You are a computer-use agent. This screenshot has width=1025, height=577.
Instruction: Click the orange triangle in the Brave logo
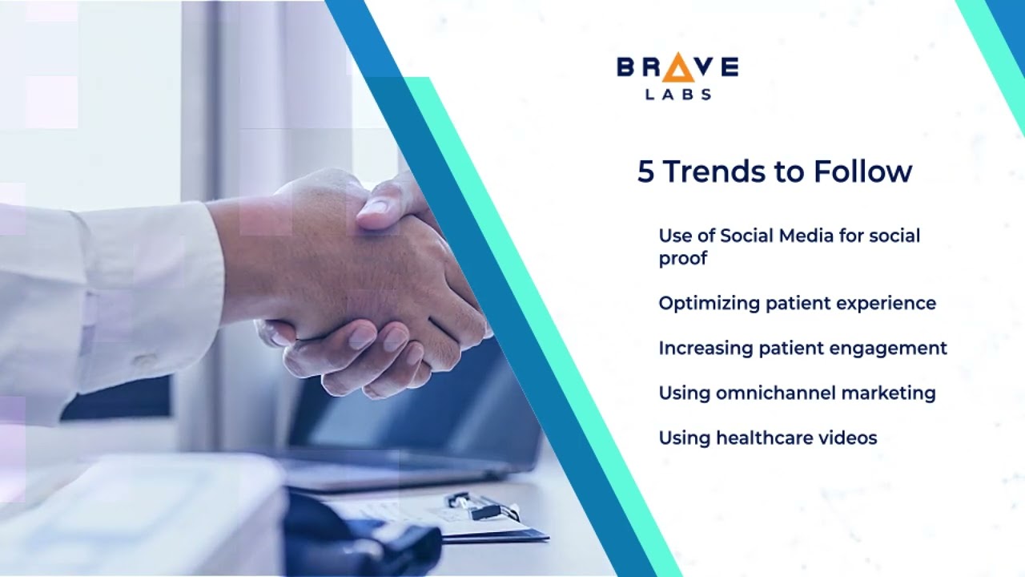(677, 69)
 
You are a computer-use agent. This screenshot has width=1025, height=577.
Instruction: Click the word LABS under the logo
(677, 95)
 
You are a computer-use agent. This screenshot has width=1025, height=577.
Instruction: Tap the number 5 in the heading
(645, 171)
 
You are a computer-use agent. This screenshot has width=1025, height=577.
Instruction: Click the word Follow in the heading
(862, 171)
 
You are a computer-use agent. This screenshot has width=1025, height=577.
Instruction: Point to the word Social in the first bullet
(748, 236)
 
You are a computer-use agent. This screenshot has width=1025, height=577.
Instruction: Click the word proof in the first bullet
(682, 258)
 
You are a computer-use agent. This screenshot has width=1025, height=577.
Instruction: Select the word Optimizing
(709, 304)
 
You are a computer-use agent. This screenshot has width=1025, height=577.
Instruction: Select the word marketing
(888, 393)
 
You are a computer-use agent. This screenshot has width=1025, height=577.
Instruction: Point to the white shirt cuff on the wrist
(152, 297)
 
